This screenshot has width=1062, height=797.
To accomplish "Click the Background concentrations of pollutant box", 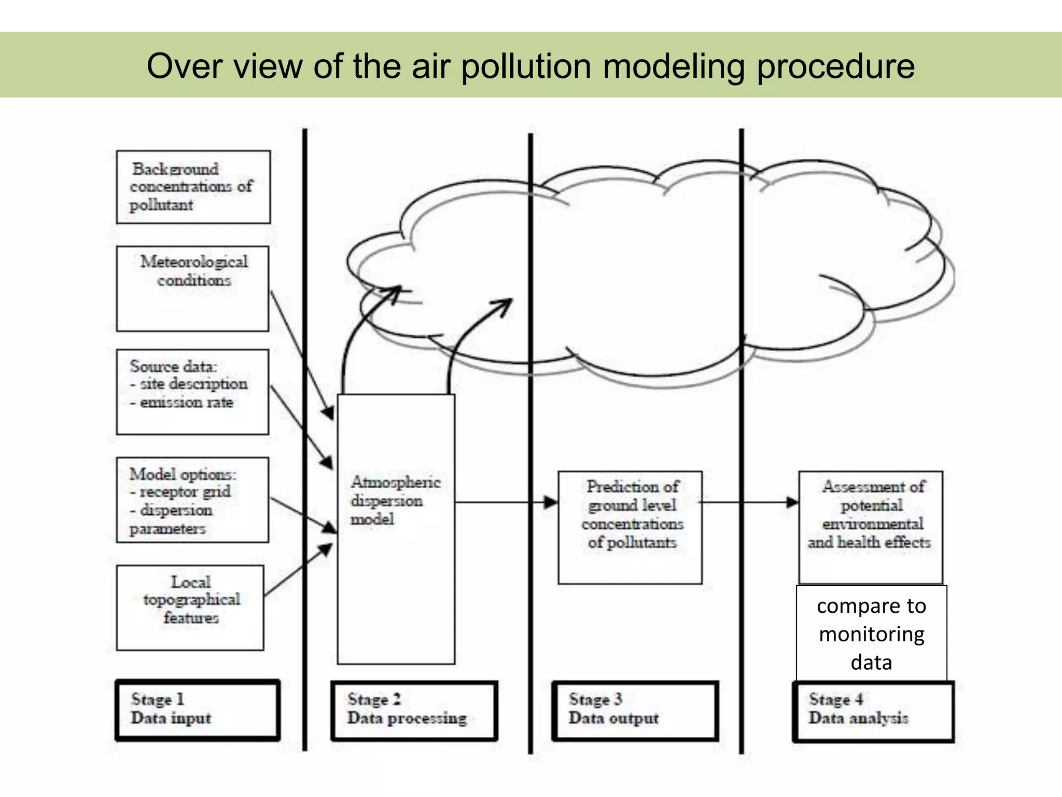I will click(x=193, y=187).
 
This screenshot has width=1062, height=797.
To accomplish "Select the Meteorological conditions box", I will click(x=192, y=288).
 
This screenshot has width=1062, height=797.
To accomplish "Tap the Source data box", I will click(x=192, y=392).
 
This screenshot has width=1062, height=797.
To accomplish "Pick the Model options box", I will click(x=192, y=500).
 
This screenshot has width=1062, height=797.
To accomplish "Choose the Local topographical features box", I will click(x=190, y=607).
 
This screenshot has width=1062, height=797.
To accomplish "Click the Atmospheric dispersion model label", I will click(x=395, y=500).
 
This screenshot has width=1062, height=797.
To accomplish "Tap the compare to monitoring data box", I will click(x=872, y=634).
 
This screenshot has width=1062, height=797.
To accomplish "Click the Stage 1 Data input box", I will click(x=198, y=710).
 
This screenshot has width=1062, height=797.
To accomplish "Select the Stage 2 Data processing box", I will click(x=414, y=710).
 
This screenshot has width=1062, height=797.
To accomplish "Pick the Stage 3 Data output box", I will click(x=635, y=710).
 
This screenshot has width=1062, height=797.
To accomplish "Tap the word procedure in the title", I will click(x=835, y=66).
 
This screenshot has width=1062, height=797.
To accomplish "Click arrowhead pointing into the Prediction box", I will click(x=551, y=502).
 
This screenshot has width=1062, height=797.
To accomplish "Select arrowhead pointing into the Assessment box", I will click(x=792, y=502).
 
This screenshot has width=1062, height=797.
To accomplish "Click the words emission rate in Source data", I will click(x=186, y=403).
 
